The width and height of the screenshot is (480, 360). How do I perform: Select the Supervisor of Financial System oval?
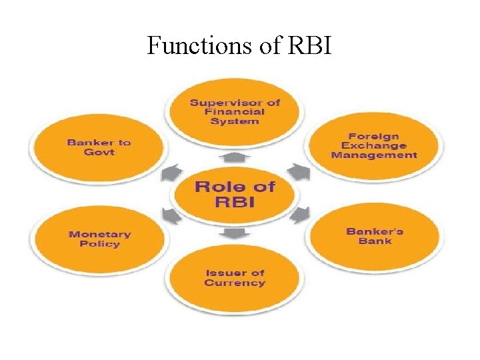coord(235,111)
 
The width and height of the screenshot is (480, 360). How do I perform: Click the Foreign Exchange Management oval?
coord(373,145)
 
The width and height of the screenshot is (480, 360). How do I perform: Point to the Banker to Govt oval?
coord(99,147)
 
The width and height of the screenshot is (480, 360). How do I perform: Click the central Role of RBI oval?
coord(235,193)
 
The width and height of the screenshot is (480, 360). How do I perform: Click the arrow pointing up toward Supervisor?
coord(235,157)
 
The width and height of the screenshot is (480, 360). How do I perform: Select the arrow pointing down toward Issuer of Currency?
coord(235,233)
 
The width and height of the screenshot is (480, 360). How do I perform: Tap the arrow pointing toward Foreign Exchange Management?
coord(299,173)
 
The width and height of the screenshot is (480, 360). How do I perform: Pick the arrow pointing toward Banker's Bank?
coord(301,214)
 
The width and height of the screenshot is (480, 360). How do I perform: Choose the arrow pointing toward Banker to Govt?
coord(170,173)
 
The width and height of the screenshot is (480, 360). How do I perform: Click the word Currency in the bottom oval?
coord(235,283)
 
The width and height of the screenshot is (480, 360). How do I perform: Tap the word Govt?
coord(99,152)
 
